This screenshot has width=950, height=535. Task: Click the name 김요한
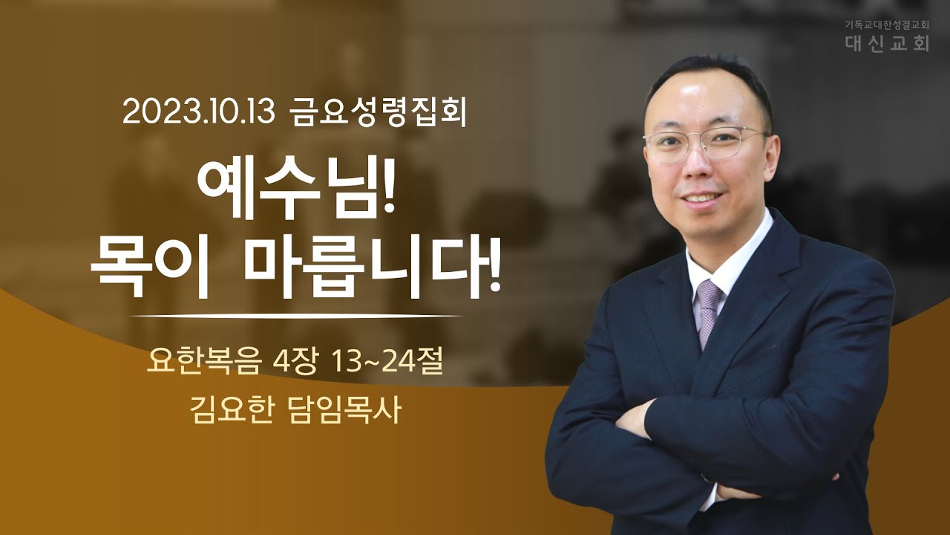click(x=231, y=409)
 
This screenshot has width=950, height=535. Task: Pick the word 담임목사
click(x=344, y=409)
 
